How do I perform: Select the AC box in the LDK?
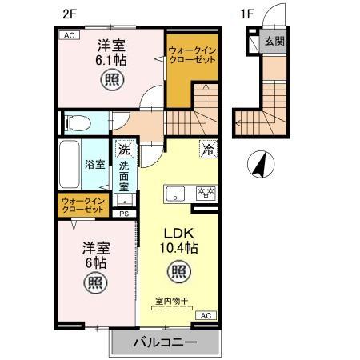tap(204, 315)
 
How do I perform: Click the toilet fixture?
tap(77, 123)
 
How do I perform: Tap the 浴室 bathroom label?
tap(95, 164)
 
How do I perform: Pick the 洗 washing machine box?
tap(124, 148)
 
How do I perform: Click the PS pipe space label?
tap(124, 214)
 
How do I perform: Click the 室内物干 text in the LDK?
tap(170, 302)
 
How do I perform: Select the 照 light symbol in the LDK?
tap(178, 272)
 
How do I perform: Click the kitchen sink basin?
tap(174, 193)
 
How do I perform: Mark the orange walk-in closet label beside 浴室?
tap(83, 204)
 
